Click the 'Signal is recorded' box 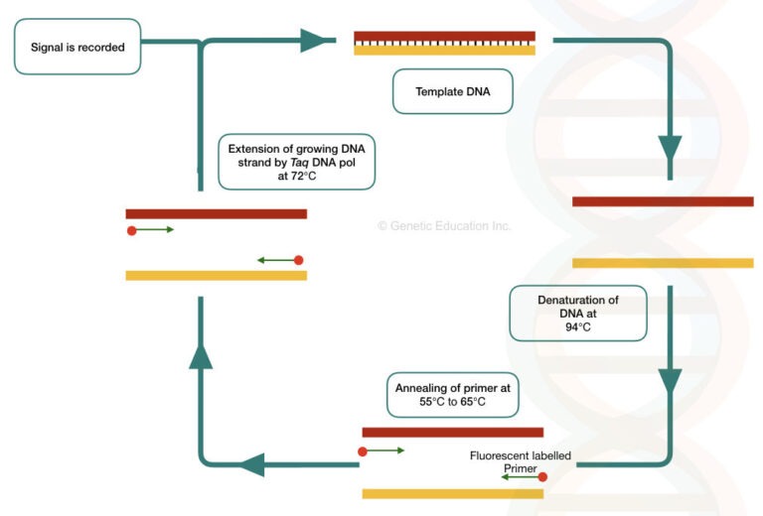[77, 47]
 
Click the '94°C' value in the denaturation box [578, 326]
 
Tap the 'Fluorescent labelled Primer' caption [520, 462]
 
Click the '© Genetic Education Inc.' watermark [443, 226]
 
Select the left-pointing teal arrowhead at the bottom [249, 463]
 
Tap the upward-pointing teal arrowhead [201, 356]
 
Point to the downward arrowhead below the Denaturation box [670, 381]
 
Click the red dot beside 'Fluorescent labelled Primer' [542, 477]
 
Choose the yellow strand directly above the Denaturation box [663, 263]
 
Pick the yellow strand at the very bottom [452, 493]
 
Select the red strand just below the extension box [216, 213]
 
